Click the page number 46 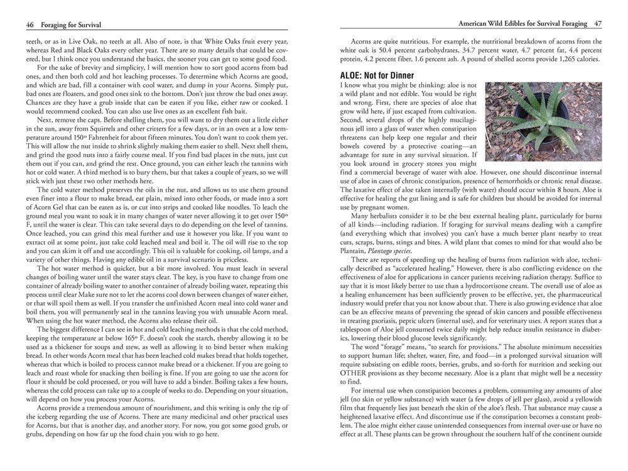(x=30, y=24)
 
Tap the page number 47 (x=598, y=24)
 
